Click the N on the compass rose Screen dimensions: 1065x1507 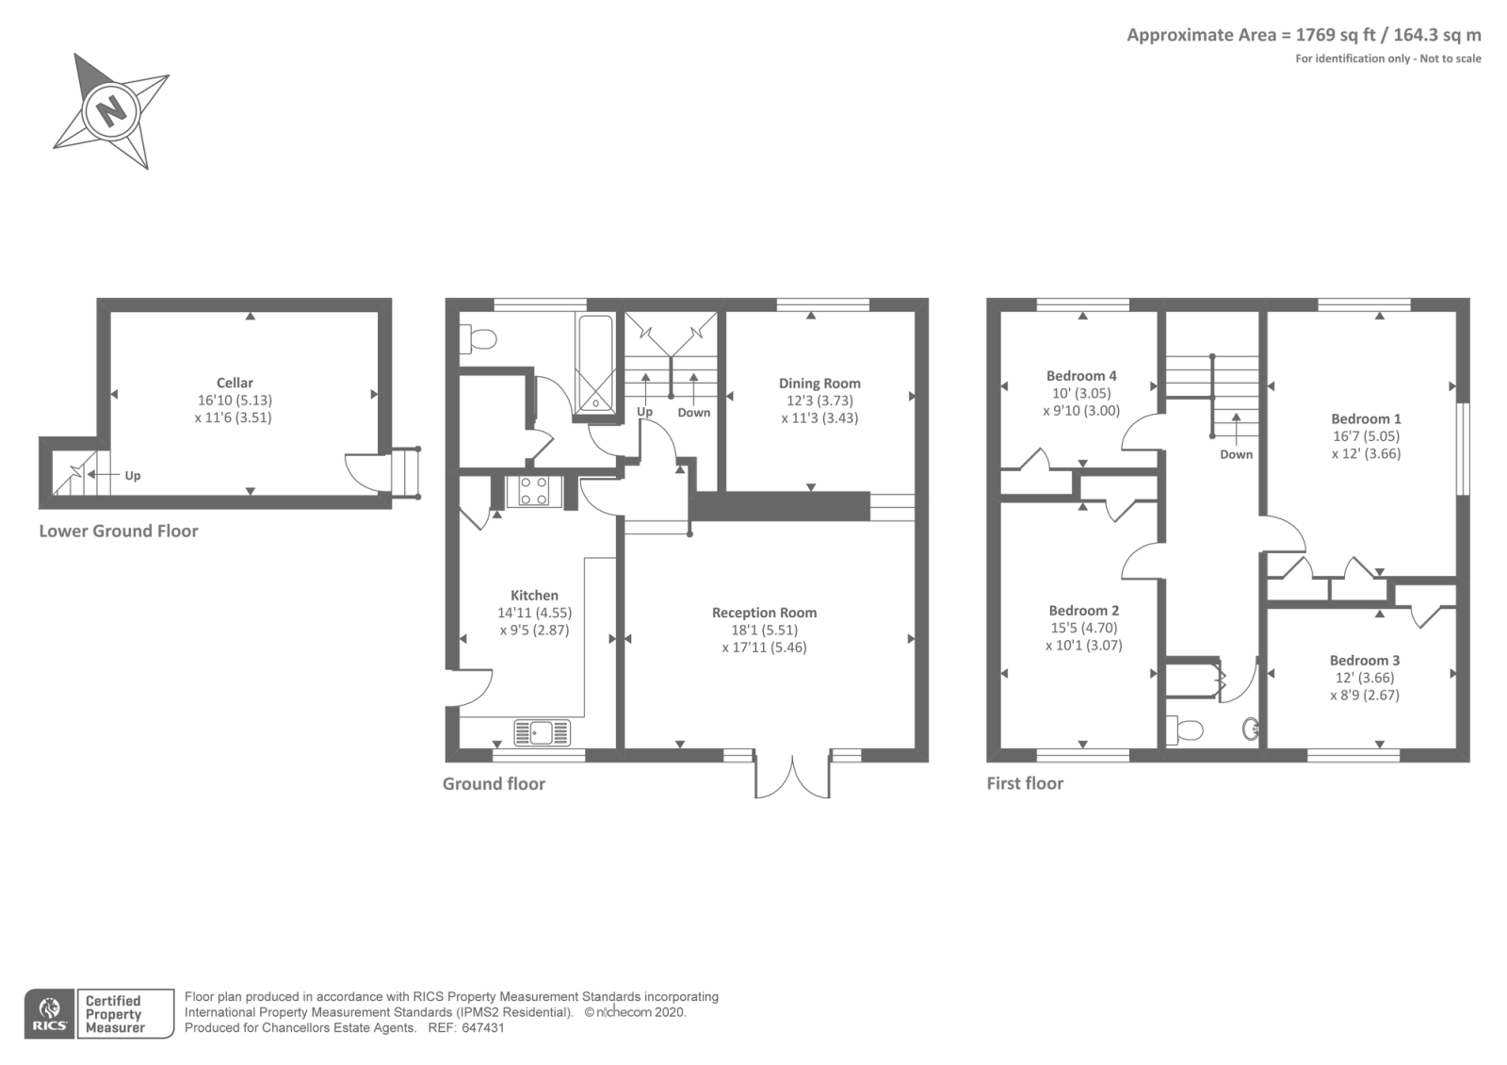(112, 110)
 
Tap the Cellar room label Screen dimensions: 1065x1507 (235, 383)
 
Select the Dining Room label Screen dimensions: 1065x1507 (819, 383)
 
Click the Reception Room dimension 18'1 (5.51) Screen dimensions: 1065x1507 (764, 630)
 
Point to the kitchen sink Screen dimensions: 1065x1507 (542, 732)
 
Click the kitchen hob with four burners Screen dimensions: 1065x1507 (534, 491)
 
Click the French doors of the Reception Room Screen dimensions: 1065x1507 (793, 775)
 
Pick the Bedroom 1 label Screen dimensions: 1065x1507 (1366, 418)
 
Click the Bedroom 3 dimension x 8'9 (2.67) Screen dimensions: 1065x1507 (1365, 696)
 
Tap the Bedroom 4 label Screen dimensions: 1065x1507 (1081, 375)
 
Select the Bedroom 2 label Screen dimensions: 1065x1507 (1083, 610)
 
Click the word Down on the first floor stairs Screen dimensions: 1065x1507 (1236, 454)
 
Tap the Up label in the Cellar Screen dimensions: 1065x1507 (133, 476)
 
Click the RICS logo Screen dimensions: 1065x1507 (49, 1013)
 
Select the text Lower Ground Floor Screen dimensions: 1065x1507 (119, 531)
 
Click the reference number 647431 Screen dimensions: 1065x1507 (483, 1028)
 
